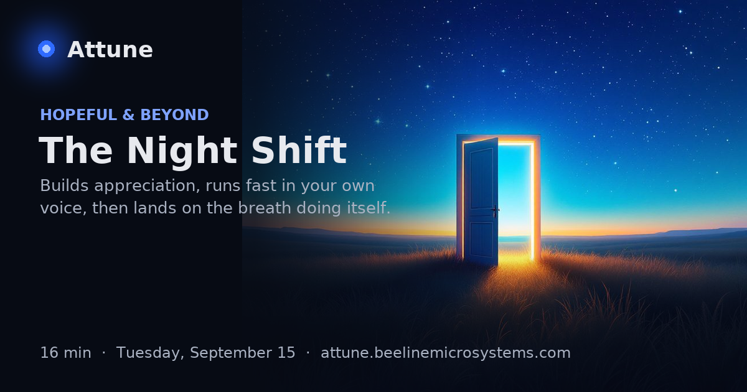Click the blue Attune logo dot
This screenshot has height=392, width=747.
(46, 49)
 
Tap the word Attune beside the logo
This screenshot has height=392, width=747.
(110, 50)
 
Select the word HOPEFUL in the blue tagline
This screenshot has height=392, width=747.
(78, 114)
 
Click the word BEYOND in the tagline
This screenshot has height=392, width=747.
(174, 114)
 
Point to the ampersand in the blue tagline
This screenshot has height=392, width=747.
(129, 114)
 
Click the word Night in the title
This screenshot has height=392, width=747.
(182, 151)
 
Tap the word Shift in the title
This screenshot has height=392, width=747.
(299, 150)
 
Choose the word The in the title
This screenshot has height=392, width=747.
(76, 151)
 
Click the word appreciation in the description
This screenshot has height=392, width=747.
(147, 186)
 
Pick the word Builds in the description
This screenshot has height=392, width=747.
(64, 185)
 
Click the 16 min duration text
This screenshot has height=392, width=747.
(66, 353)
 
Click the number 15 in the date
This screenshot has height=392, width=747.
(286, 353)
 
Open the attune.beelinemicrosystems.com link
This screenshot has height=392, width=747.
(446, 353)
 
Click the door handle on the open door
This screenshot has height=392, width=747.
(495, 210)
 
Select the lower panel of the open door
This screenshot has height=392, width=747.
(481, 240)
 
